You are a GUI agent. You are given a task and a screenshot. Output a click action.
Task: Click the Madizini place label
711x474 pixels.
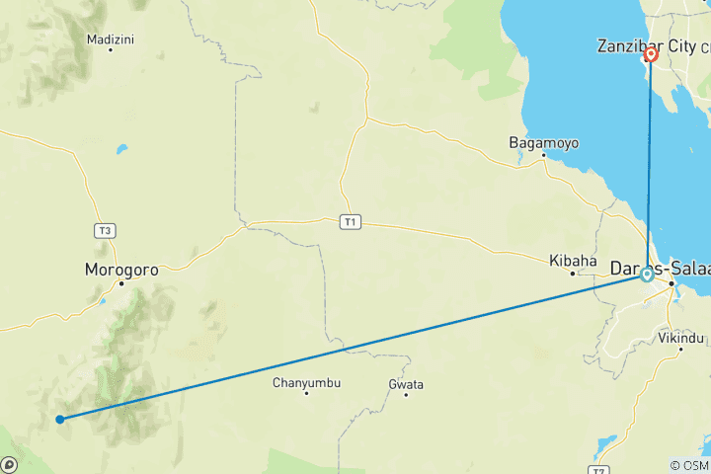(x=111, y=39)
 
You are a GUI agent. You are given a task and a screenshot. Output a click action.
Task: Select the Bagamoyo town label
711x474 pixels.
(x=543, y=142)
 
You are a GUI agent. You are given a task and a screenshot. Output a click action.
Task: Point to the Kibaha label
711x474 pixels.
(x=574, y=261)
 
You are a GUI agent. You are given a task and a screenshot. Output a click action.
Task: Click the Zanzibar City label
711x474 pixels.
(x=646, y=45)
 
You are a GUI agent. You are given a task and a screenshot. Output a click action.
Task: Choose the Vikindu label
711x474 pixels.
(x=681, y=338)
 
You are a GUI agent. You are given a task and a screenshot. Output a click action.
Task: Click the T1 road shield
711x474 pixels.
(x=349, y=222)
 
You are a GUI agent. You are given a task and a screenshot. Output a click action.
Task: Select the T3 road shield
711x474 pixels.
(x=106, y=230)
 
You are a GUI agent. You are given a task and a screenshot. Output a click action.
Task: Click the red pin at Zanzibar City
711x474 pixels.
(x=651, y=55)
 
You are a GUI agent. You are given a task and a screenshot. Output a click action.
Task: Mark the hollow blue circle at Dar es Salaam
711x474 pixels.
(x=647, y=275)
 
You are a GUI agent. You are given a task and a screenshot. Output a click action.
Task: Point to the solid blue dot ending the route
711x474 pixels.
(x=60, y=419)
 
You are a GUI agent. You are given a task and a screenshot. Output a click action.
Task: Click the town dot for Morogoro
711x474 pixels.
(x=122, y=283)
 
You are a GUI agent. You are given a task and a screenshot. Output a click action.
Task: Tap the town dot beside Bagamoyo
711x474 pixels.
(x=542, y=155)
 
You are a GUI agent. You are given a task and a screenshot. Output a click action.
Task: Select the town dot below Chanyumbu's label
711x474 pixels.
(x=306, y=393)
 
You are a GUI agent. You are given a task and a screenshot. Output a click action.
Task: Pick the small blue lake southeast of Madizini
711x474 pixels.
(x=122, y=151)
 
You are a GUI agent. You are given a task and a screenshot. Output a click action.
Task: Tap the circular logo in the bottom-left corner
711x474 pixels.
(x=9, y=464)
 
